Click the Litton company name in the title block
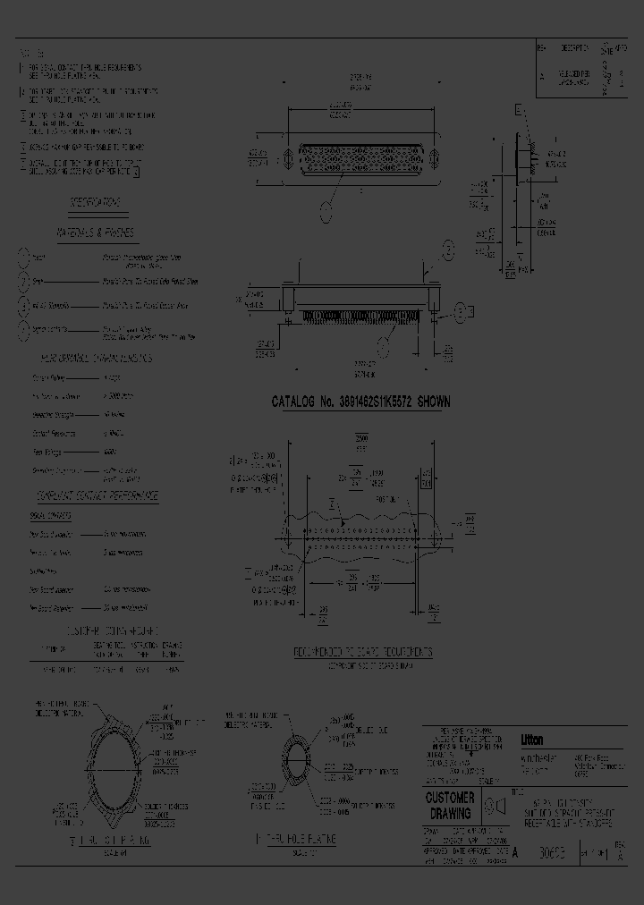click(532, 740)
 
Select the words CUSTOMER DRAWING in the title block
click(451, 804)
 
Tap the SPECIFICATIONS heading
click(96, 202)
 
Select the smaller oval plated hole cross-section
click(295, 762)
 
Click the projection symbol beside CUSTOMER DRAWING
click(491, 806)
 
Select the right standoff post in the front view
click(433, 299)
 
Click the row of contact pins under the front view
click(358, 317)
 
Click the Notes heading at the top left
click(33, 54)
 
